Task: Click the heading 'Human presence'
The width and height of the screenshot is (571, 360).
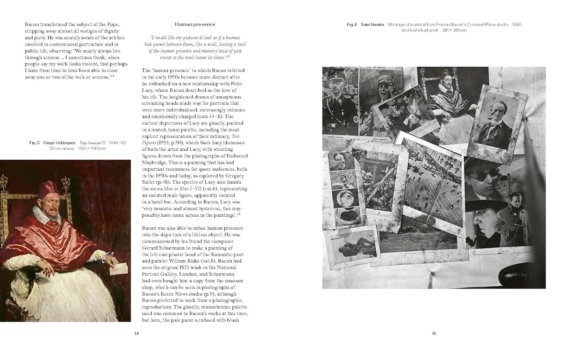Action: click(x=195, y=24)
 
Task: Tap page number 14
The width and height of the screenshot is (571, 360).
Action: click(x=136, y=333)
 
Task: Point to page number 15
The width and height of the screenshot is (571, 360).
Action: click(x=434, y=333)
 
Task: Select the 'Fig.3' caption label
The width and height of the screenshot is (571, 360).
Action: click(x=34, y=143)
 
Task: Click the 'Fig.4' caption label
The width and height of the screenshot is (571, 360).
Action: click(x=351, y=25)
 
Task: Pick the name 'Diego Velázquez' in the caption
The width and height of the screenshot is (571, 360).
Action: click(x=59, y=143)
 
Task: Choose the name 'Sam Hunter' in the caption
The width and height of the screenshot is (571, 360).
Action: click(x=372, y=25)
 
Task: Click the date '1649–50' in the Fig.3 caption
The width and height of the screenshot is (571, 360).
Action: click(x=117, y=143)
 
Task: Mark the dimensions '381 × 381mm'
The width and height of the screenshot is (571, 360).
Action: click(x=454, y=30)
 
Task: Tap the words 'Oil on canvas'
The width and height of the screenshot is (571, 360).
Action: click(x=62, y=149)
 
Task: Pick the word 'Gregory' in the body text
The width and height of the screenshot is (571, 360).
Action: click(x=237, y=176)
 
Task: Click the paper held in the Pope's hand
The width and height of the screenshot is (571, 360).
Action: click(x=116, y=269)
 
